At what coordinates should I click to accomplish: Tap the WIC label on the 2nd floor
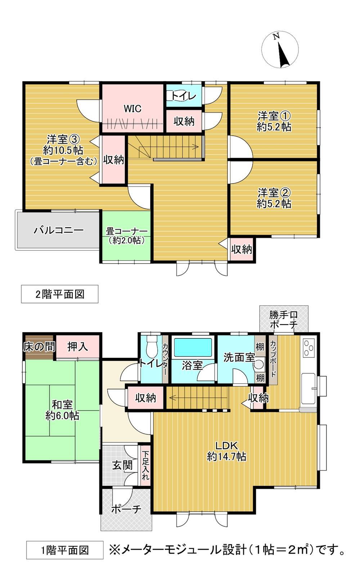[x=132, y=108]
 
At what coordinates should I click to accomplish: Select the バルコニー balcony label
[x=59, y=230]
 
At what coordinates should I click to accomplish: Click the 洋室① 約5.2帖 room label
[x=274, y=121]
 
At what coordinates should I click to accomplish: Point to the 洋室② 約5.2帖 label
[x=274, y=198]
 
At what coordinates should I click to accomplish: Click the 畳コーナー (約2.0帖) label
[x=126, y=236]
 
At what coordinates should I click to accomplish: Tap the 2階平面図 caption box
[x=60, y=294]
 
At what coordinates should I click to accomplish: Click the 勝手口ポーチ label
[x=284, y=319]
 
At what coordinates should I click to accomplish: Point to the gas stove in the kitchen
[x=309, y=348]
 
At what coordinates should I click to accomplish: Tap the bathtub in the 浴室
[x=193, y=347]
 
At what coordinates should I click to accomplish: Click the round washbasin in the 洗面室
[x=258, y=364]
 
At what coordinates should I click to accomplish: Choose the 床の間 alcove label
[x=39, y=347]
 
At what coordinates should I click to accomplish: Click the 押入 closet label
[x=77, y=347]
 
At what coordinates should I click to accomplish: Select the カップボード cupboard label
[x=273, y=359]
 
